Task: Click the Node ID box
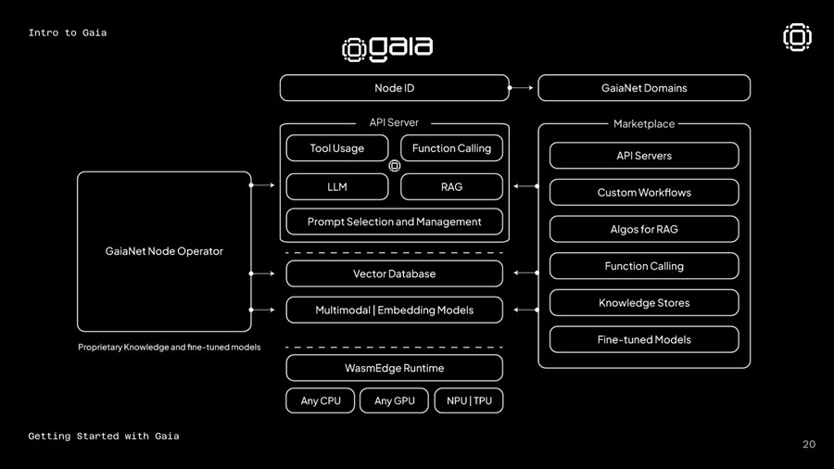(394, 88)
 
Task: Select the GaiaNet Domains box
(644, 88)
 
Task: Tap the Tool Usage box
(336, 148)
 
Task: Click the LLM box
(336, 186)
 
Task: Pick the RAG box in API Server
(451, 186)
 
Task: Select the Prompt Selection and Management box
(394, 222)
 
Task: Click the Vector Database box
(394, 273)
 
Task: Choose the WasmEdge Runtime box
(394, 368)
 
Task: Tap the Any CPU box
(321, 400)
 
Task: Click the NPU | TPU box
(469, 400)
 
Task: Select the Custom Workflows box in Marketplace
(644, 193)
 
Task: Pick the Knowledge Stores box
(644, 303)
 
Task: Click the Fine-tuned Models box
(644, 339)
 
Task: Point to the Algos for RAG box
(644, 229)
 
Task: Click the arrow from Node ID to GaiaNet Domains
(523, 88)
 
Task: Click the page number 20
(808, 445)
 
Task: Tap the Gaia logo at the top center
(387, 48)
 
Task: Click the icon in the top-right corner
(797, 37)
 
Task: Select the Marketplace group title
(644, 123)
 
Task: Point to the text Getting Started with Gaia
(104, 436)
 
